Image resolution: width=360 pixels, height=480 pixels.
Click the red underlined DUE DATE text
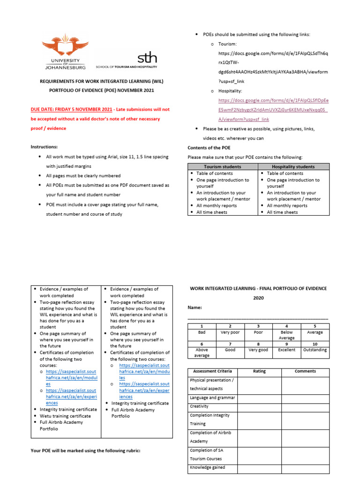click(72, 110)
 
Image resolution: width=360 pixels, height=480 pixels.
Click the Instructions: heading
click(44, 147)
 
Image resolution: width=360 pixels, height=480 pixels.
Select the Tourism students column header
click(223, 167)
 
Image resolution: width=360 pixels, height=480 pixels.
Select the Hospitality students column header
click(293, 167)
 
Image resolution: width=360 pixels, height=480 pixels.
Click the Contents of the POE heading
click(209, 148)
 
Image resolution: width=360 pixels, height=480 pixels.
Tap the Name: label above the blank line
click(195, 307)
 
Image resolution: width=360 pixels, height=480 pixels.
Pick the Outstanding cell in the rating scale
click(315, 350)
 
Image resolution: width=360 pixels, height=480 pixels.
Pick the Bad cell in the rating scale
click(202, 332)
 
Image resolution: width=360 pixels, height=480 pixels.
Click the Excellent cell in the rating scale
click(286, 350)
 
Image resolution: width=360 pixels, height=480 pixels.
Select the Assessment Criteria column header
click(210, 371)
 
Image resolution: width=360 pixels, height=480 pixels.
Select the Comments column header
click(305, 371)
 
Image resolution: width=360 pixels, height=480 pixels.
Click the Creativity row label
click(199, 406)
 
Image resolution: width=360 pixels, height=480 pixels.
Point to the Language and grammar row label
click(212, 397)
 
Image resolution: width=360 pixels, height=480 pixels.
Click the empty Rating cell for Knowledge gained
click(259, 467)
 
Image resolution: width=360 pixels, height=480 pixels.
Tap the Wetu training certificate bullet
click(65, 416)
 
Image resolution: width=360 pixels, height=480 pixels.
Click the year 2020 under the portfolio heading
click(259, 298)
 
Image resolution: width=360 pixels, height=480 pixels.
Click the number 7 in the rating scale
click(230, 343)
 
